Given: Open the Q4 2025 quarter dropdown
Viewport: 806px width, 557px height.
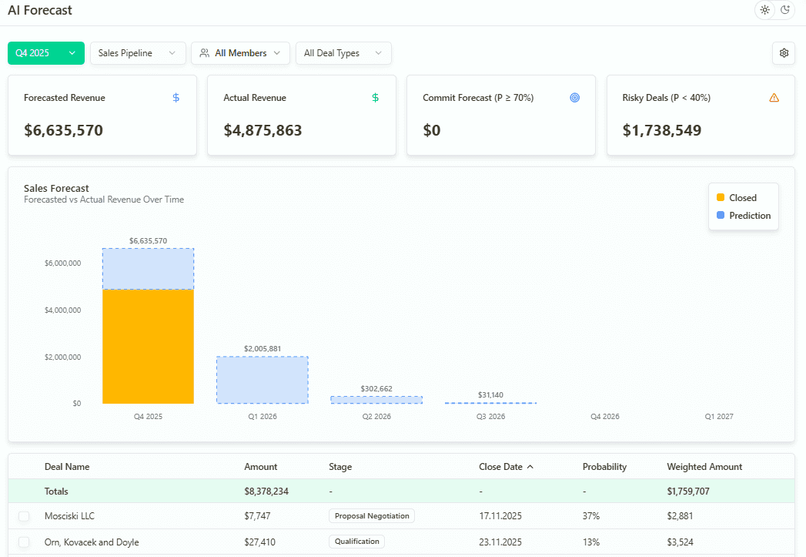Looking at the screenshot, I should (45, 53).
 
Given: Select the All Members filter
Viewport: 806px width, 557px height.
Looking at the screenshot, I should (240, 53).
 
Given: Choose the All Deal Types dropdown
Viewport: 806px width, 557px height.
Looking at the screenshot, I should (343, 53).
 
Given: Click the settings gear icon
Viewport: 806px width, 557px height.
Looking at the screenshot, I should (784, 53).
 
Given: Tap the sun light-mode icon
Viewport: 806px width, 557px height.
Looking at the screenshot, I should (764, 10).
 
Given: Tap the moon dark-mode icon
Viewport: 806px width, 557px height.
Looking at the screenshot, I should (785, 10).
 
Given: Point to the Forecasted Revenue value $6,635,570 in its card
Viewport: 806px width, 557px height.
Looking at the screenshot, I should (63, 130).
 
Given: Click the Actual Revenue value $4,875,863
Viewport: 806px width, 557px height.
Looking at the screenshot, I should (263, 130).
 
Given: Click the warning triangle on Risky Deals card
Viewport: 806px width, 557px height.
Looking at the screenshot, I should (774, 98).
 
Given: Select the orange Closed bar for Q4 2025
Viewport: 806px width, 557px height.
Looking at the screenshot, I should (148, 346).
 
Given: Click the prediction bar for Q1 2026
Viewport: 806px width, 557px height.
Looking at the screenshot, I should (262, 380).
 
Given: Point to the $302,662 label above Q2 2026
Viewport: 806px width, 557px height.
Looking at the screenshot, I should (376, 388).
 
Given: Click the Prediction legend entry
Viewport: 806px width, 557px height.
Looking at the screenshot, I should (744, 216).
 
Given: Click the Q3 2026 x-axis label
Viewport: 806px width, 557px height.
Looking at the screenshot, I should (490, 417).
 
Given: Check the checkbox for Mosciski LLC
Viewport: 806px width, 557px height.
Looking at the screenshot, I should (24, 516).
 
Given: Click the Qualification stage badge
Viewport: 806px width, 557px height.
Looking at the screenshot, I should (356, 542).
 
